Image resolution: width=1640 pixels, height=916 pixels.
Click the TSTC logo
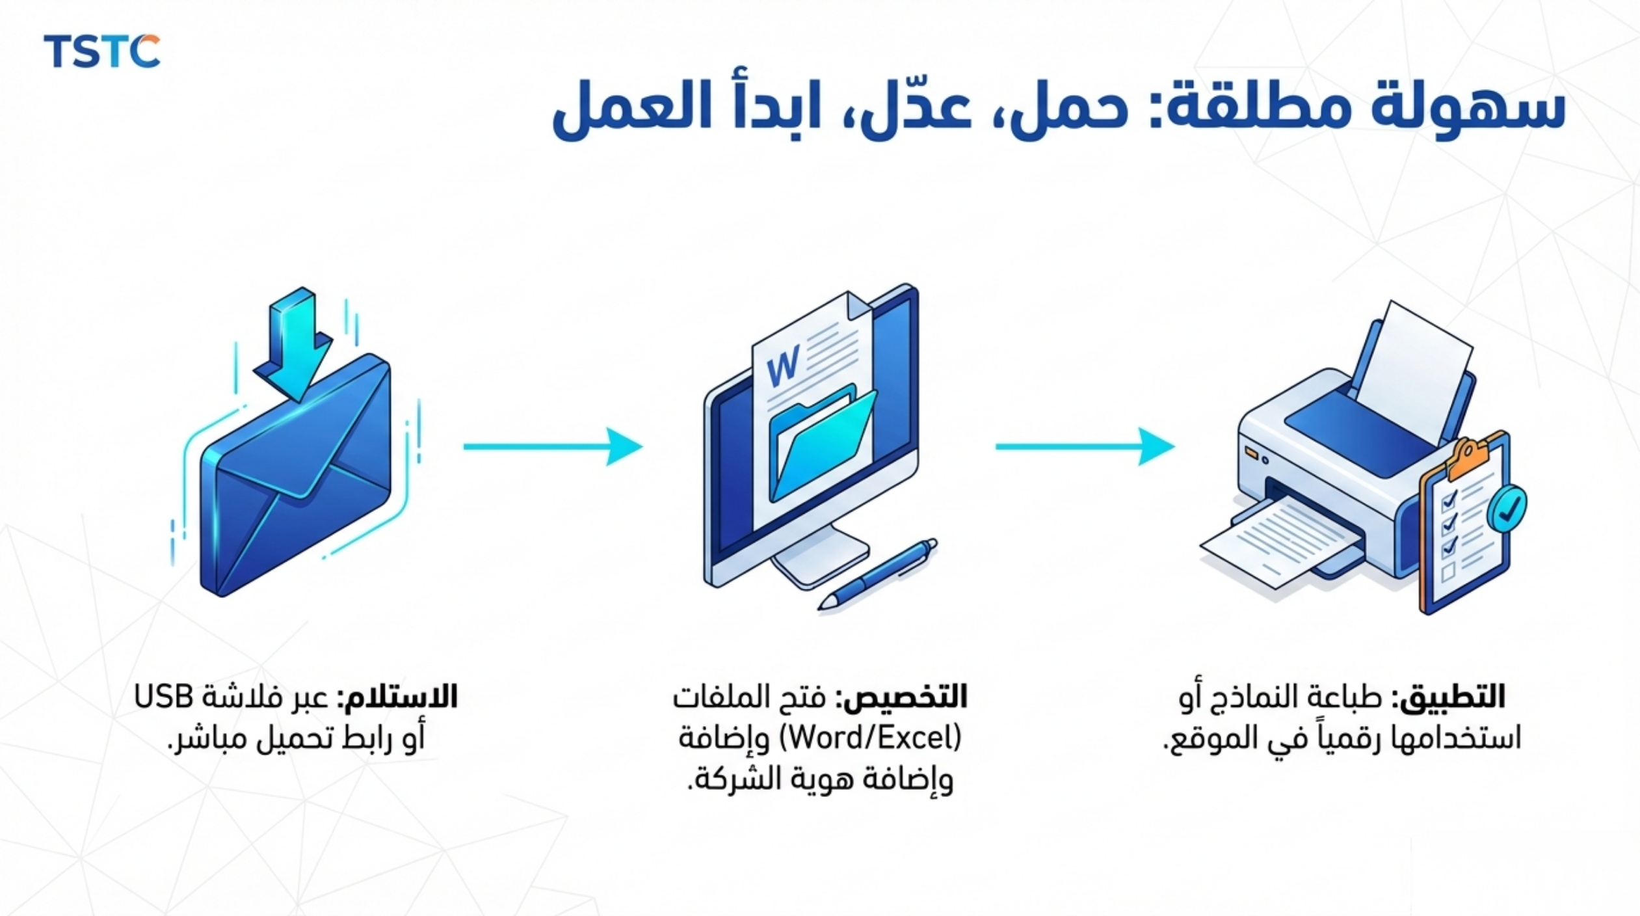(101, 51)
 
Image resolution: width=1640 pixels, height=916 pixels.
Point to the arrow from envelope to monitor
(553, 446)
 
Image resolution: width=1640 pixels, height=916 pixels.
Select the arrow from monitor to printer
(1085, 446)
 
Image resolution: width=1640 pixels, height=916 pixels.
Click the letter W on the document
(783, 366)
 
